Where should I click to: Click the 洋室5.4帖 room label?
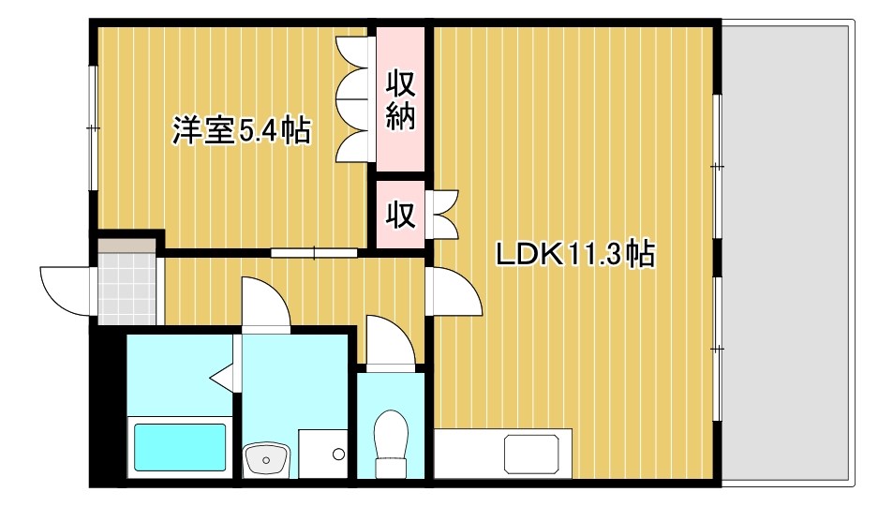click(241, 131)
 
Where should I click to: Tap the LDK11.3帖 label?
click(574, 253)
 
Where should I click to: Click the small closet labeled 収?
click(400, 215)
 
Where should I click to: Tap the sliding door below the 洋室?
click(314, 251)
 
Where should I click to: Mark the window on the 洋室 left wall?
click(93, 127)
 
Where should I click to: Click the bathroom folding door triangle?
click(222, 378)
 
